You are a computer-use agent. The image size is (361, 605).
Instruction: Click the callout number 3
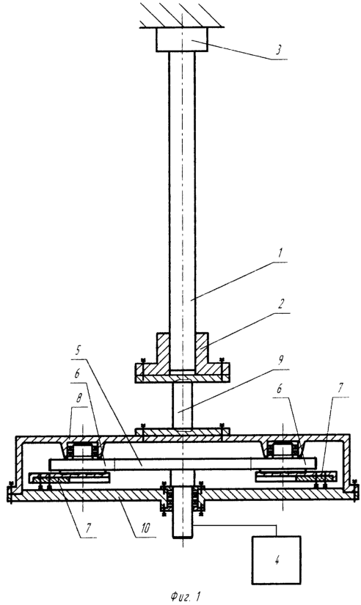[279, 50]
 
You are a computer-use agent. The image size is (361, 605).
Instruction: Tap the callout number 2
[282, 304]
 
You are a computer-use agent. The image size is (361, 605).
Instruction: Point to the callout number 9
[281, 360]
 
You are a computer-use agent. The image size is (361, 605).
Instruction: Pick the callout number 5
[78, 351]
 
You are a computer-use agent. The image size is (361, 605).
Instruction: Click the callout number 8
[79, 397]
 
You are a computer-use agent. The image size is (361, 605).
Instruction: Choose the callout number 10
[145, 527]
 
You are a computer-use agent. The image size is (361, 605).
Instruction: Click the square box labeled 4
[277, 560]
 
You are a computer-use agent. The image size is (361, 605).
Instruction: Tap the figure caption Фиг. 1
[185, 596]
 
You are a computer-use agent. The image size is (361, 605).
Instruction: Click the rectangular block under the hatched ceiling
[182, 40]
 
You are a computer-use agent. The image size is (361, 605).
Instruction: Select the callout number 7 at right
[340, 388]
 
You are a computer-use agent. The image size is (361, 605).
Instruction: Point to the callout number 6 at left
[78, 374]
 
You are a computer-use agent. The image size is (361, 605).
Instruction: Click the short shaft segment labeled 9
[182, 405]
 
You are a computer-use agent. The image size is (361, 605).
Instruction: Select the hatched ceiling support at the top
[182, 15]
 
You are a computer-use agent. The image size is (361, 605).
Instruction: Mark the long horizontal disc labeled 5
[183, 463]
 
